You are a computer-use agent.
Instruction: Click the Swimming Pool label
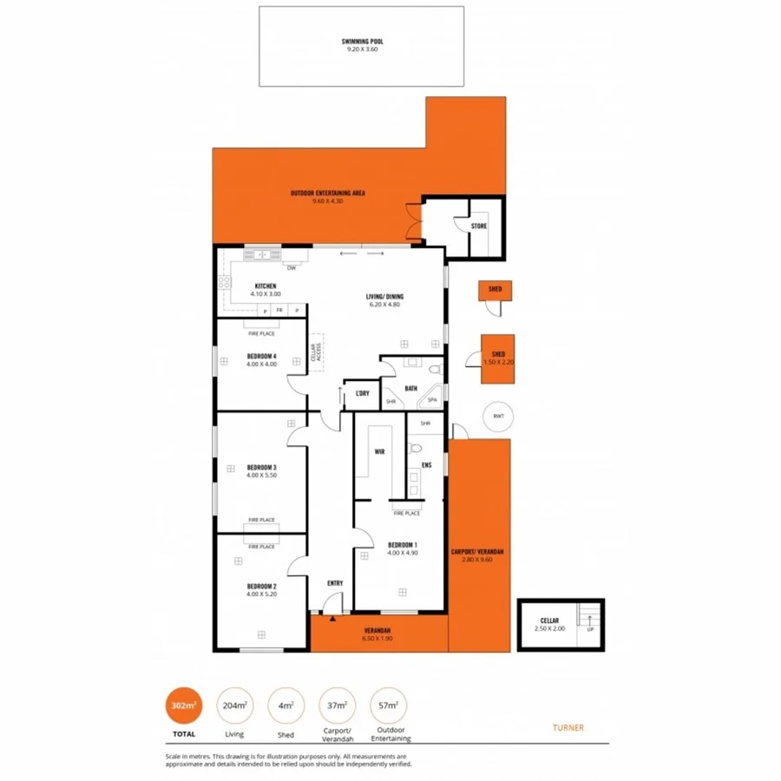(361, 41)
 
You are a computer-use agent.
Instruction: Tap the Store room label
(479, 226)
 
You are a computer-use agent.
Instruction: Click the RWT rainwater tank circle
(498, 416)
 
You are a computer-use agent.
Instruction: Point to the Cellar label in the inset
(548, 621)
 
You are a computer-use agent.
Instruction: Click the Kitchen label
(265, 286)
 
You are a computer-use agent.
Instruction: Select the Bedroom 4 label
(261, 356)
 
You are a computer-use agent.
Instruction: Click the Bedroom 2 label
(261, 587)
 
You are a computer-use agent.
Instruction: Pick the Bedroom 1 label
(402, 545)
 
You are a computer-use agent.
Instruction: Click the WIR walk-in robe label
(379, 452)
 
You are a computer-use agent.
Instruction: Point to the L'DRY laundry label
(362, 395)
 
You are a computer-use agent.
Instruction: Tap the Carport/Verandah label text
(478, 553)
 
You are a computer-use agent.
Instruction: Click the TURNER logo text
(568, 727)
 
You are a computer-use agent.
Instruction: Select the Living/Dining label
(384, 297)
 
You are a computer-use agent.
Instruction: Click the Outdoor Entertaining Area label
(327, 193)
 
